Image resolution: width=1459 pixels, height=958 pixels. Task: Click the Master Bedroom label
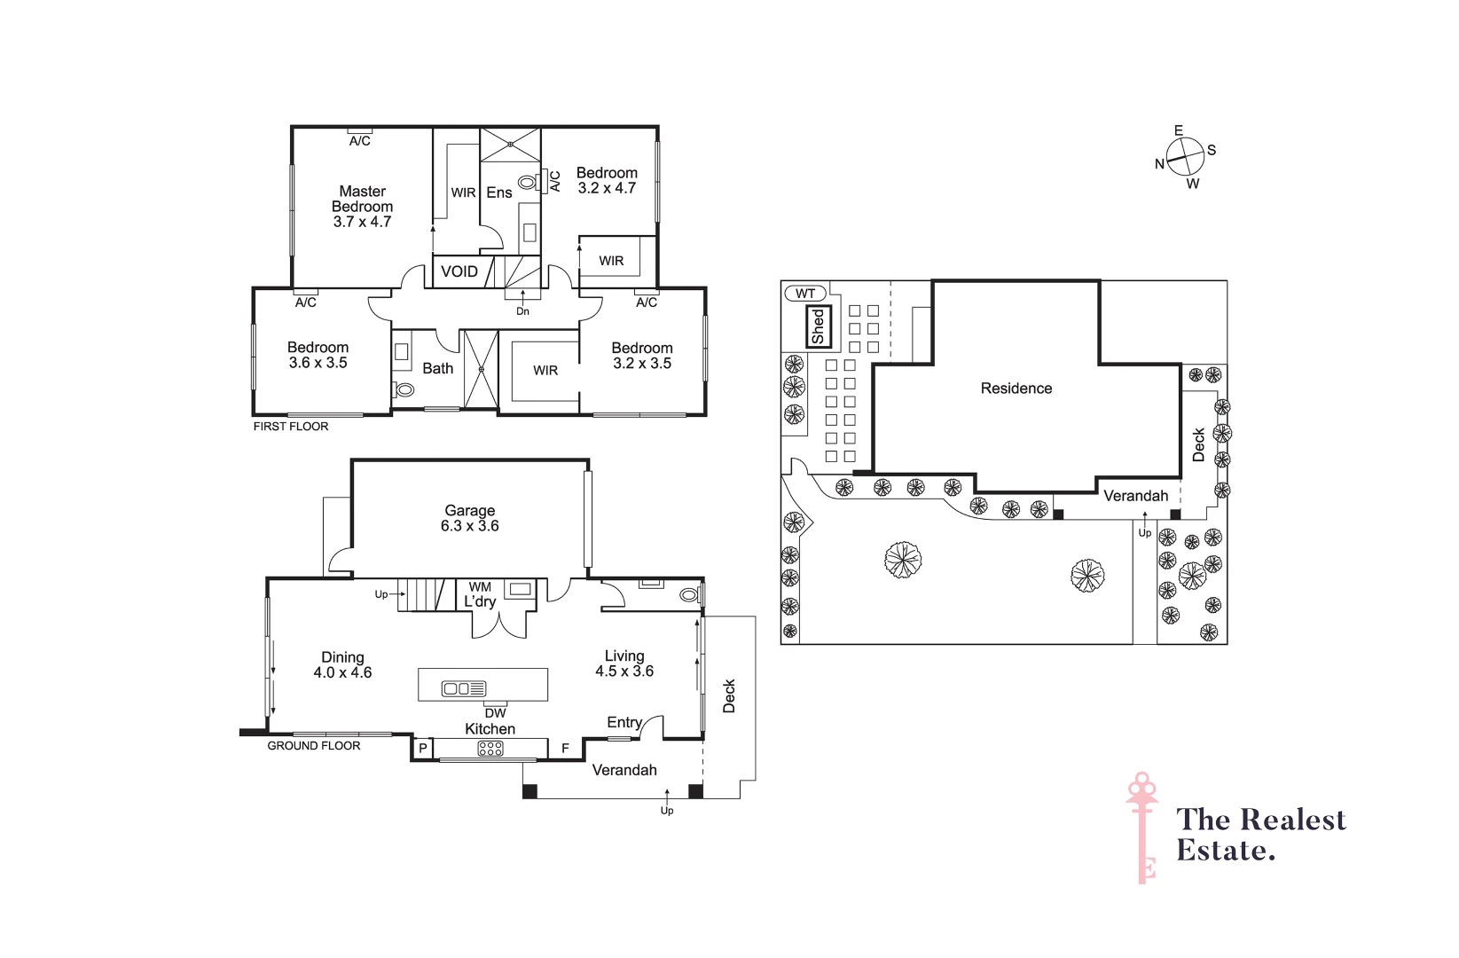362,206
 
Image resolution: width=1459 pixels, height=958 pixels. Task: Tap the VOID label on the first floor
459,271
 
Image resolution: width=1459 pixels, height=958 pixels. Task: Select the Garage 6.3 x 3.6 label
469,518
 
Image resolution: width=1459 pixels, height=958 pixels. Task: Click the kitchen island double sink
463,688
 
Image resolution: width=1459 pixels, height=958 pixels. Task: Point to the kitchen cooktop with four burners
490,749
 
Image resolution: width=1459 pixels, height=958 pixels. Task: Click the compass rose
1185,158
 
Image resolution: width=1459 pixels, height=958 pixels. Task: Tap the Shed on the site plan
817,326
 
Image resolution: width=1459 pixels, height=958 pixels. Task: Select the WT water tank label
804,294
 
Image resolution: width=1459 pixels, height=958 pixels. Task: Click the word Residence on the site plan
1016,389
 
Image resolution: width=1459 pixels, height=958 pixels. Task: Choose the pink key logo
1143,827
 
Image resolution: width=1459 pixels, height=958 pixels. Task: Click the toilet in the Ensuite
528,183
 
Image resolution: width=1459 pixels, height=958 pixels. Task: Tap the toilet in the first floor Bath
404,389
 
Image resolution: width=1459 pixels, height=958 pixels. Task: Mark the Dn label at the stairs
522,311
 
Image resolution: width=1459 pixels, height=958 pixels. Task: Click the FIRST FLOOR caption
291,427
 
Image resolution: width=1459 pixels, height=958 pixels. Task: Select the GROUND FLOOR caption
313,746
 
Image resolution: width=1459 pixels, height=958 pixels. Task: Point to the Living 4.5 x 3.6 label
624,664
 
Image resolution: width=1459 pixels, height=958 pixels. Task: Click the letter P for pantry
423,749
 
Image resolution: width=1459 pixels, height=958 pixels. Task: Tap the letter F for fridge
565,749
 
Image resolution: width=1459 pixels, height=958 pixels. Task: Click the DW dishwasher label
495,712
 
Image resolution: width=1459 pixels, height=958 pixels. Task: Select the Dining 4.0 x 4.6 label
342,664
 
